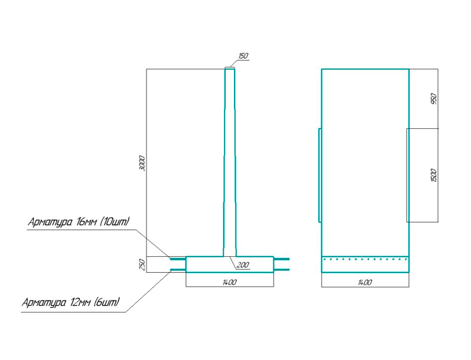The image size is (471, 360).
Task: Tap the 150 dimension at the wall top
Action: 243,56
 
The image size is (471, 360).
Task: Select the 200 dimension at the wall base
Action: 243,265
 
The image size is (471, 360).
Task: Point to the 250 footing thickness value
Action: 142,265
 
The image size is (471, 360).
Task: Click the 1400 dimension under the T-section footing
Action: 230,282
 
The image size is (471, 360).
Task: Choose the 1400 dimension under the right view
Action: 365,282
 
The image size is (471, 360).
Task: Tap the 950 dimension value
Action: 434,99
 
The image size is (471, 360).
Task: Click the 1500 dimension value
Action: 434,175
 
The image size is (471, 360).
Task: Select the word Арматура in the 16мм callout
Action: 50,222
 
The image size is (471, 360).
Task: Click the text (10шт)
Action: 114,221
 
